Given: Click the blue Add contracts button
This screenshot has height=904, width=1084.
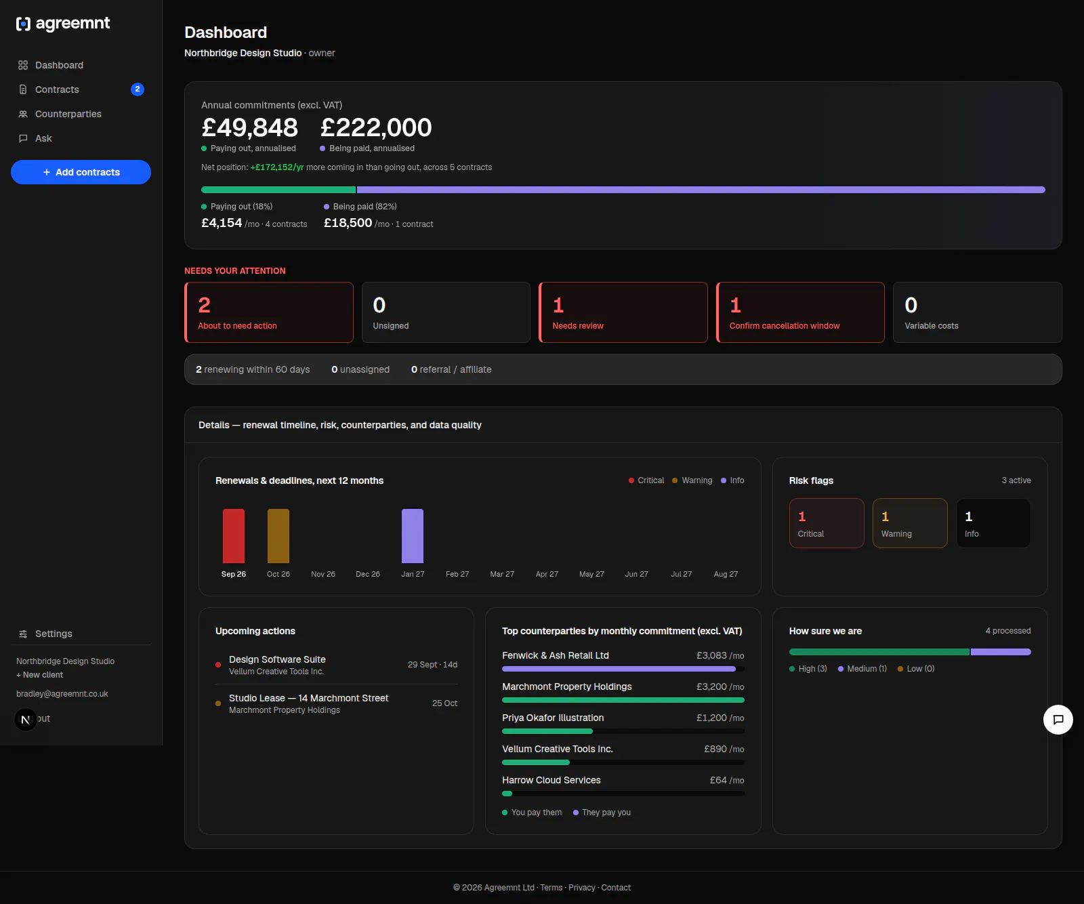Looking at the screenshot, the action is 81,172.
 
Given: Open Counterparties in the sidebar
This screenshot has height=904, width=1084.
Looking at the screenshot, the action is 68,114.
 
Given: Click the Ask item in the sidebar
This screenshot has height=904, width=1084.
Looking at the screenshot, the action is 43,138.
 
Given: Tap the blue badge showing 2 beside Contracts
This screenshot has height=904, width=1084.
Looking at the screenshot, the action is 138,89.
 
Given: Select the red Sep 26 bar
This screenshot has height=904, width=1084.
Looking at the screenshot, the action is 234,536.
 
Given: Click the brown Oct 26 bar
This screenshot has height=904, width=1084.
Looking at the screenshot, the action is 278,536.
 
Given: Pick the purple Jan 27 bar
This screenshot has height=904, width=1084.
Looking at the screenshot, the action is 413,536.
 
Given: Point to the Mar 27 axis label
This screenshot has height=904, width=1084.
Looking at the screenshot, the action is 502,574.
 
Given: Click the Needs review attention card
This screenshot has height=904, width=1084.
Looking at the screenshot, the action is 623,312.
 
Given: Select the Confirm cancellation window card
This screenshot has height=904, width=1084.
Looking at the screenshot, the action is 800,312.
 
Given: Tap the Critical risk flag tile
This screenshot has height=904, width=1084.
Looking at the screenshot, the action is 827,523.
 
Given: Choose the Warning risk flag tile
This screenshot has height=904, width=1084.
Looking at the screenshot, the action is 910,523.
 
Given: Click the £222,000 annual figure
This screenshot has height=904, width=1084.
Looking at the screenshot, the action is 376,127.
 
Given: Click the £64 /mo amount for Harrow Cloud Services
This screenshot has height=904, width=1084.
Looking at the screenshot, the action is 727,780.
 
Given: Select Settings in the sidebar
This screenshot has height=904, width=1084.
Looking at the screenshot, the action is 54,634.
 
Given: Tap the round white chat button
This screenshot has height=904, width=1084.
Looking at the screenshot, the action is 1058,720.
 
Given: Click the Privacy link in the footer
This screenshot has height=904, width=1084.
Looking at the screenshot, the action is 582,888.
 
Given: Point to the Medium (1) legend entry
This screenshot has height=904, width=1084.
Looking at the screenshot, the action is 862,669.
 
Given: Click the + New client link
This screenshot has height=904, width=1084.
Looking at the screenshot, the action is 39,675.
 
